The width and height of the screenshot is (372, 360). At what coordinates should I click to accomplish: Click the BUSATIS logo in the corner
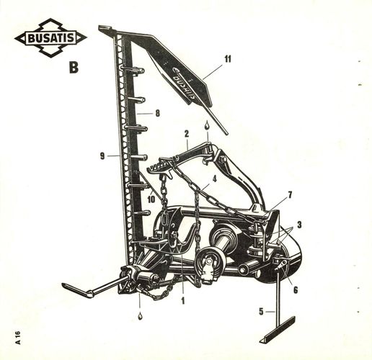coord(51,38)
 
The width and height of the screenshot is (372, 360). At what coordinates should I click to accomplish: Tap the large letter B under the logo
coord(74,68)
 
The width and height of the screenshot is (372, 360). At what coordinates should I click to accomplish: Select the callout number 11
coord(228,59)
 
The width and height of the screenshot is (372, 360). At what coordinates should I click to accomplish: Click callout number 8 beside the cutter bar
coord(158,113)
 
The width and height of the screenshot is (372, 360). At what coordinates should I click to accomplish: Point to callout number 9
coord(102,156)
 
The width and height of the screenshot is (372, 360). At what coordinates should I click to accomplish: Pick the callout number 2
coord(187,134)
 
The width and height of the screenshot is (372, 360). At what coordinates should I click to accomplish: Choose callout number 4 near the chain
coord(214,179)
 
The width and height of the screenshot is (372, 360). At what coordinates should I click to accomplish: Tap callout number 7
coord(290,195)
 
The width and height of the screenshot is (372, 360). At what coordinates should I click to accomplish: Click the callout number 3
coord(299,225)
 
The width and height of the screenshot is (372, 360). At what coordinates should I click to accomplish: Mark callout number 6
coord(296,290)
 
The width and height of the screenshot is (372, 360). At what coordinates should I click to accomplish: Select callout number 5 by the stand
coord(262,312)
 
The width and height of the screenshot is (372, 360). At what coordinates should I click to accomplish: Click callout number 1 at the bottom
coord(183,300)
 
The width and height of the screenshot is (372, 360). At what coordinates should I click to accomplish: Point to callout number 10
coord(151,199)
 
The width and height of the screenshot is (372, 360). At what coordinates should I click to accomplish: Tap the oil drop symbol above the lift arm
coord(207,125)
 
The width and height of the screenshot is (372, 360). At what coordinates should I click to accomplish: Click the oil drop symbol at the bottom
coord(140,316)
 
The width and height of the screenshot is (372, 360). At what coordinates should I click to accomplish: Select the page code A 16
coord(18,338)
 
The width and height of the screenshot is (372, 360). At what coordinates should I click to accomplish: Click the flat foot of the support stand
coord(278,330)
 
